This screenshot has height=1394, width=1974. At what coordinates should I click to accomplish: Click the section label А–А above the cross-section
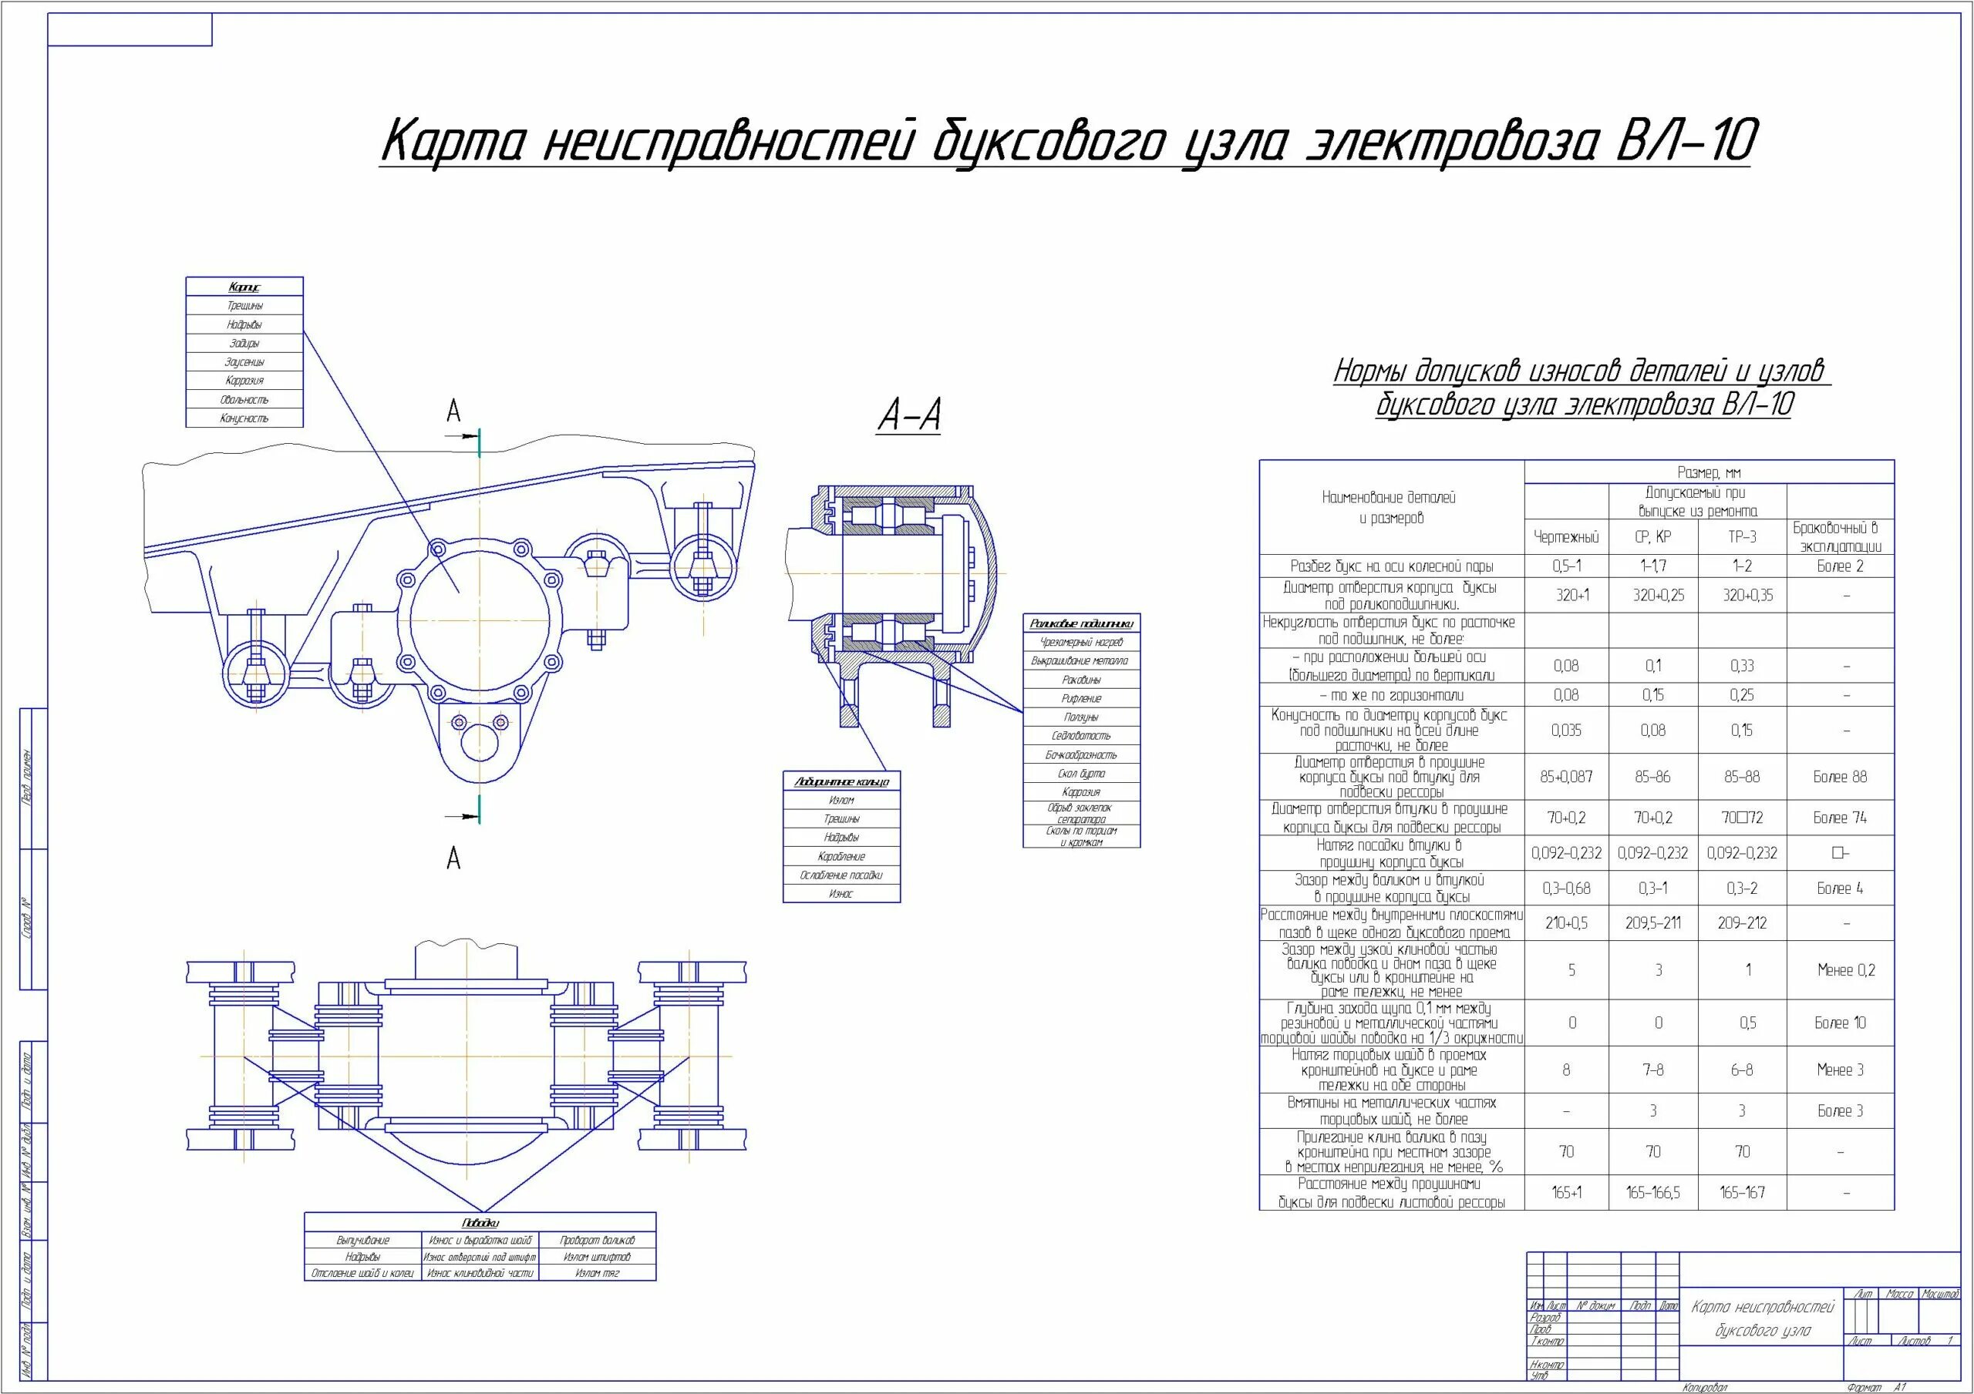(x=909, y=415)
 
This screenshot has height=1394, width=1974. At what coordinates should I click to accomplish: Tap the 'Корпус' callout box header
(x=244, y=287)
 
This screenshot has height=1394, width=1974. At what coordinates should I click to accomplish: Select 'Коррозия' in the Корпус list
(x=244, y=381)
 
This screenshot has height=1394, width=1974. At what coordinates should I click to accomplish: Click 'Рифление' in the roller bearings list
(x=1081, y=699)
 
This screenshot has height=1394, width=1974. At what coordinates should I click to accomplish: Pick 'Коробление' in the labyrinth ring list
(x=840, y=856)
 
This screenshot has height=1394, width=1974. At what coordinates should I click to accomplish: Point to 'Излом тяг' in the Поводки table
(x=597, y=1273)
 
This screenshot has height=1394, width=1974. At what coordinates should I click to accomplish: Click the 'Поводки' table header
(x=480, y=1222)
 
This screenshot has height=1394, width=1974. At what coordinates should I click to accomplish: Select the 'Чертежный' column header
(x=1565, y=537)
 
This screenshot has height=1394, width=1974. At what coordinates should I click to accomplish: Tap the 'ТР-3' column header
(x=1742, y=537)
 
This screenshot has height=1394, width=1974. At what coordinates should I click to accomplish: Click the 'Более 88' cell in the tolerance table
(x=1840, y=777)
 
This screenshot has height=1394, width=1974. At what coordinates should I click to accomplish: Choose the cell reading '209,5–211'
(x=1653, y=923)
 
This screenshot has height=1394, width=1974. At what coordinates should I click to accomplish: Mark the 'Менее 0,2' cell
(x=1840, y=970)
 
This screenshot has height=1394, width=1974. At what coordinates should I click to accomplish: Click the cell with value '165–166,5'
(x=1653, y=1193)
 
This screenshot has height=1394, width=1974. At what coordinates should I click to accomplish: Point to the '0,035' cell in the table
(x=1565, y=731)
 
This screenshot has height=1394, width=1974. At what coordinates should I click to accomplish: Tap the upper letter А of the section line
(x=453, y=412)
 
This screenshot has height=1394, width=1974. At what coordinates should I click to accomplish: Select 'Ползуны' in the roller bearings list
(x=1081, y=717)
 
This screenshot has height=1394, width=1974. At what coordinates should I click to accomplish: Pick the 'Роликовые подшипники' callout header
(x=1081, y=624)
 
